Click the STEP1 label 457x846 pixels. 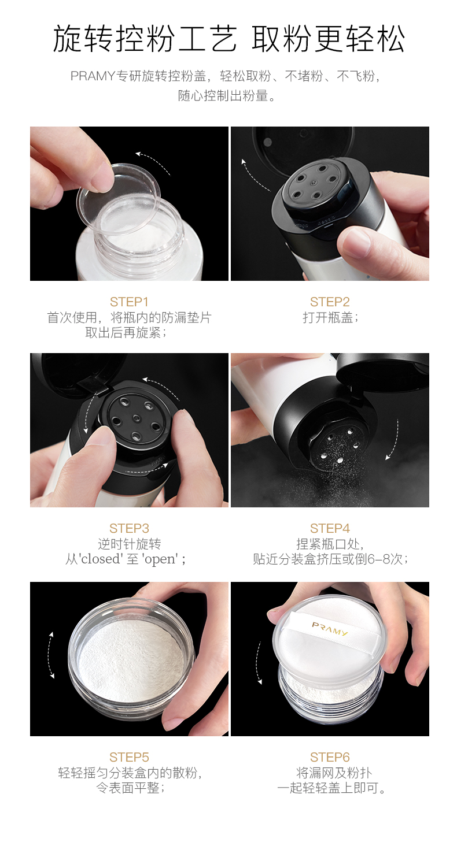129,302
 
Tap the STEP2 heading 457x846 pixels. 330,302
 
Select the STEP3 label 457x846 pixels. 129,528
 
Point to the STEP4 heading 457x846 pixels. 330,528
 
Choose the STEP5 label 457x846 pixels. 129,757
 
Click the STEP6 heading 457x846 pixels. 330,757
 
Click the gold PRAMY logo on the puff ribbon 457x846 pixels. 330,629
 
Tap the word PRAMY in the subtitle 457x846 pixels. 93,76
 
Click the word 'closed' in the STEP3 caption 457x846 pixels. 100,559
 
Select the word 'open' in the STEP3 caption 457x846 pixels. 161,559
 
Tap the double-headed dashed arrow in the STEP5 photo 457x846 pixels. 50,655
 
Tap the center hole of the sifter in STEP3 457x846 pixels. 136,418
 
